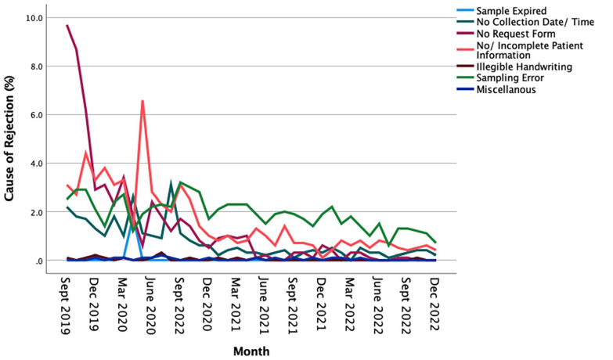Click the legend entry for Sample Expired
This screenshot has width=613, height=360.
pyautogui.click(x=511, y=11)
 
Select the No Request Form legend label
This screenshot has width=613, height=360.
pyautogui.click(x=516, y=34)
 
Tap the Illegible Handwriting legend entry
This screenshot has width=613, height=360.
pyautogui.click(x=524, y=67)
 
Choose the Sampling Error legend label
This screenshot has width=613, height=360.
pyautogui.click(x=510, y=77)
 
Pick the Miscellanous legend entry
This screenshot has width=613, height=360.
pyautogui.click(x=506, y=89)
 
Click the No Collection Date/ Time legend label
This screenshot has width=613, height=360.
pyautogui.click(x=535, y=22)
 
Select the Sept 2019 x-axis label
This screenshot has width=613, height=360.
pyautogui.click(x=66, y=306)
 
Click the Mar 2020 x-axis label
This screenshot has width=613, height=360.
pyautogui.click(x=123, y=304)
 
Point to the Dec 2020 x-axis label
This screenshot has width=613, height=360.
pyautogui.click(x=208, y=304)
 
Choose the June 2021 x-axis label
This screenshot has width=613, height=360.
pyautogui.click(x=265, y=306)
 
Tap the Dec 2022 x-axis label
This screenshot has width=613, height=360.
pyautogui.click(x=434, y=304)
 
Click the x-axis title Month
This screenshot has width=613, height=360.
pyautogui.click(x=251, y=351)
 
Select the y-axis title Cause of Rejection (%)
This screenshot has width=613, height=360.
pyautogui.click(x=9, y=139)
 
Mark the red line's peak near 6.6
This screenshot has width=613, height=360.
pyautogui.click(x=142, y=100)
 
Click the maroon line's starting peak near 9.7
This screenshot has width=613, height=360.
pyautogui.click(x=67, y=25)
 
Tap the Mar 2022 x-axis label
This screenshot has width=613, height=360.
pyautogui.click(x=349, y=304)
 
